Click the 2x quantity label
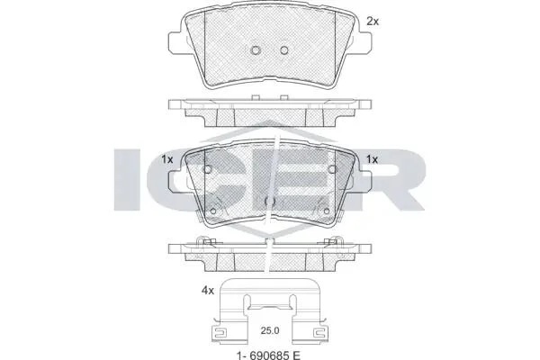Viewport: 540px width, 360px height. click(373, 22)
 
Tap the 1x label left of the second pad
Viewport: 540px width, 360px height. click(167, 159)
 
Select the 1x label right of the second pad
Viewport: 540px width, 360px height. click(372, 159)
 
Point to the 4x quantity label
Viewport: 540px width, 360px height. click(208, 291)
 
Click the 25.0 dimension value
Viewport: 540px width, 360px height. click(270, 330)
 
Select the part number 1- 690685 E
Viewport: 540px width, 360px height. click(268, 355)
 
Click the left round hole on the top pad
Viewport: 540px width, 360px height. click(256, 50)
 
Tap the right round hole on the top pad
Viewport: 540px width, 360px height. click(283, 50)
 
